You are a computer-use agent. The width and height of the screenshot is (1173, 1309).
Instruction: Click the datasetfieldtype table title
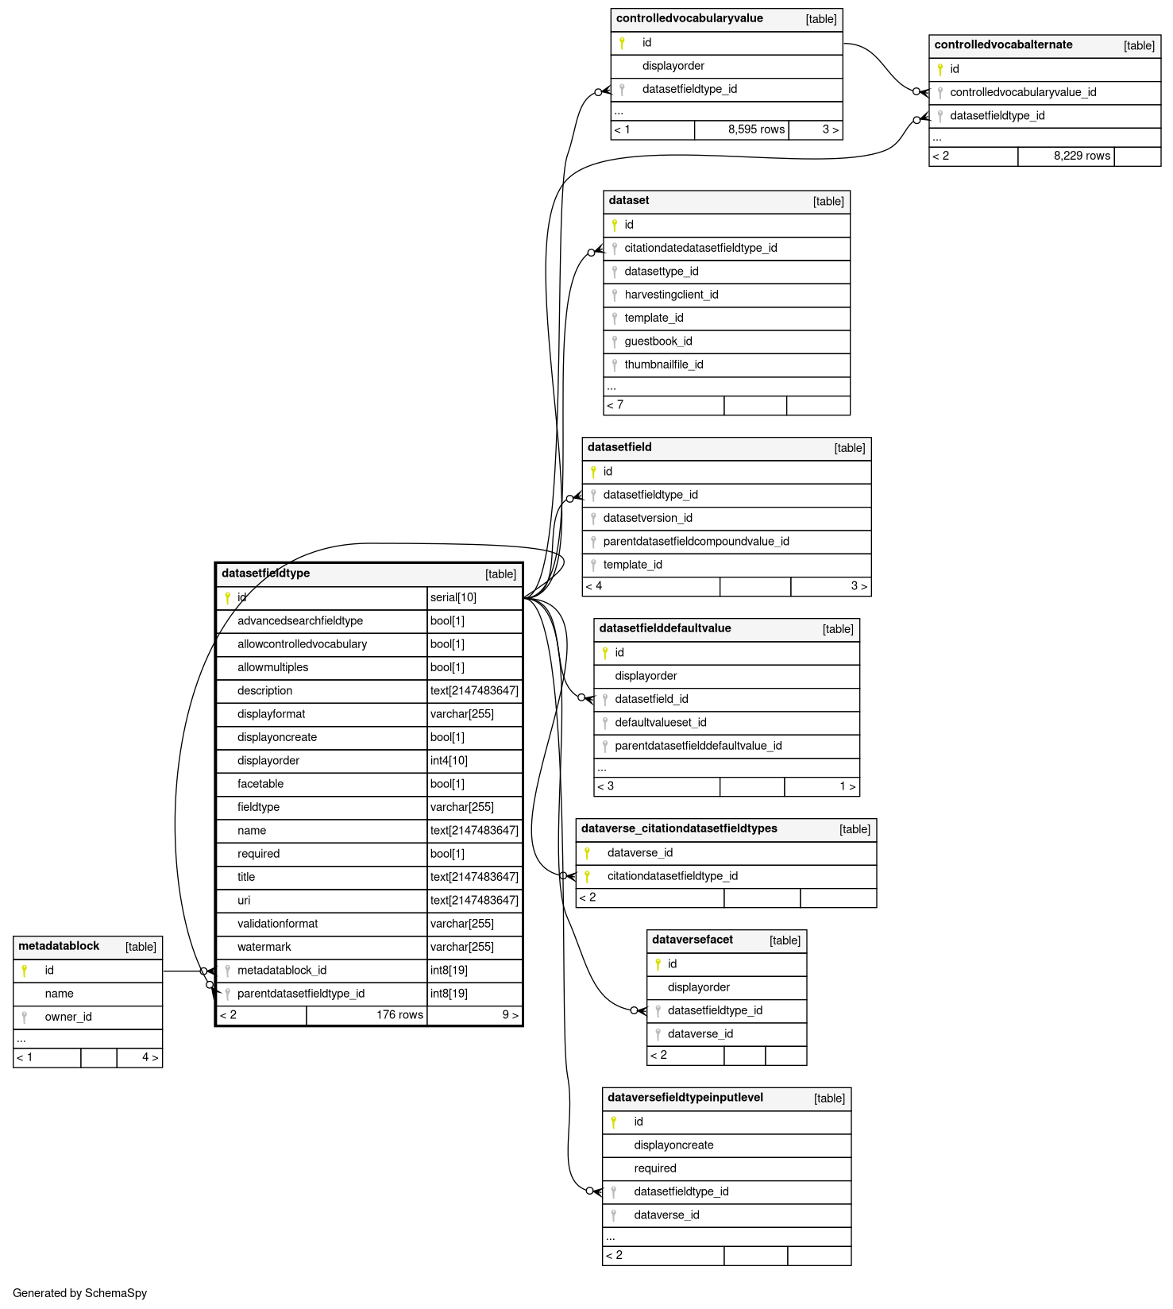[x=266, y=573]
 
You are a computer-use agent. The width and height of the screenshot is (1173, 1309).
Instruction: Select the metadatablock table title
[x=59, y=946]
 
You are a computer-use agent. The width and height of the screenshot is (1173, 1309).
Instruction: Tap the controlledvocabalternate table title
[x=1003, y=45]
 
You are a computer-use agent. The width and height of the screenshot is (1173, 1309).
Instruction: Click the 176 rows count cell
[x=399, y=1015]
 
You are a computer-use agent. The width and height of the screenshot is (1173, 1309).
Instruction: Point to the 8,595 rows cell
[x=756, y=129]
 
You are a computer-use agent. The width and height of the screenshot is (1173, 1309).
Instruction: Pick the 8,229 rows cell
[x=1082, y=156]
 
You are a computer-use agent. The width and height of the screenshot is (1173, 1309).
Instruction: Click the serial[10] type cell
[x=453, y=597]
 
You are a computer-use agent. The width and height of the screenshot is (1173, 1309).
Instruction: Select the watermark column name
[x=264, y=947]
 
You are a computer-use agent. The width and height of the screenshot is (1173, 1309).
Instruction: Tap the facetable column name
[x=260, y=784]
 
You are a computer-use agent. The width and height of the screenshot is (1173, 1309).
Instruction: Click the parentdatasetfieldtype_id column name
[x=301, y=994]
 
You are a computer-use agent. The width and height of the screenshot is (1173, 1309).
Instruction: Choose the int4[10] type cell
[x=449, y=761]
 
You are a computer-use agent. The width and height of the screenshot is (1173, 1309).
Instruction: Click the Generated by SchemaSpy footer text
[x=80, y=1293]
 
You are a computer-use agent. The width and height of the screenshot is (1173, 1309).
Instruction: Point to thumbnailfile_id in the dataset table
[x=664, y=365]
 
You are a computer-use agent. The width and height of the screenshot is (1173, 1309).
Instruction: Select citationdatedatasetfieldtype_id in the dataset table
[x=700, y=248]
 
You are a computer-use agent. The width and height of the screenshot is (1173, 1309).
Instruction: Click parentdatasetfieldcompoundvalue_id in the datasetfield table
[x=696, y=542]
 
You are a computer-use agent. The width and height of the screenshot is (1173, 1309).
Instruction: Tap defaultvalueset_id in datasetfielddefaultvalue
[x=661, y=723]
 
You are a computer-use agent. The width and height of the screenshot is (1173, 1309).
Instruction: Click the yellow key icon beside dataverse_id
[x=588, y=853]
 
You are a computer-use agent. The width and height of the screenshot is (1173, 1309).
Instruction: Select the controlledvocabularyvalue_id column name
[x=1023, y=92]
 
